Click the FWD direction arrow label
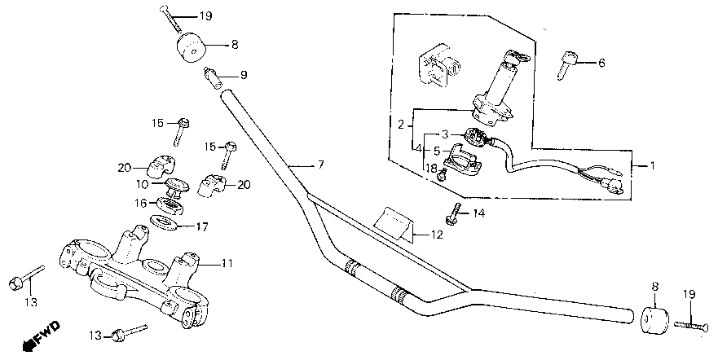click(x=42, y=336)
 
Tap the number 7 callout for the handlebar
click(x=320, y=165)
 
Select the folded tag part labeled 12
click(x=394, y=223)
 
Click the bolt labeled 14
click(x=453, y=213)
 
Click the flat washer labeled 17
click(x=165, y=222)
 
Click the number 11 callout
click(x=227, y=263)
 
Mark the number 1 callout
click(x=653, y=165)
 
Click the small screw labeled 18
click(x=442, y=174)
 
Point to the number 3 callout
click(x=445, y=135)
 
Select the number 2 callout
click(x=401, y=125)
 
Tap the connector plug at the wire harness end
click(x=611, y=187)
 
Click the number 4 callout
click(x=418, y=149)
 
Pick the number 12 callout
click(x=437, y=235)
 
